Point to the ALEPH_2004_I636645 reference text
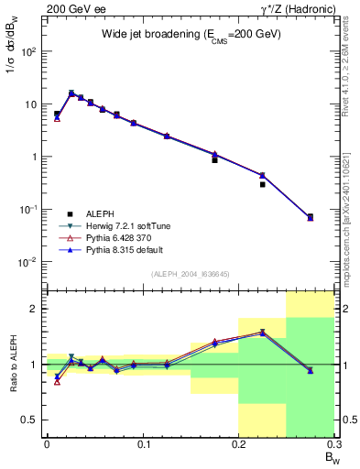tap(190, 274)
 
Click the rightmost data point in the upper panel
tap(310, 217)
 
